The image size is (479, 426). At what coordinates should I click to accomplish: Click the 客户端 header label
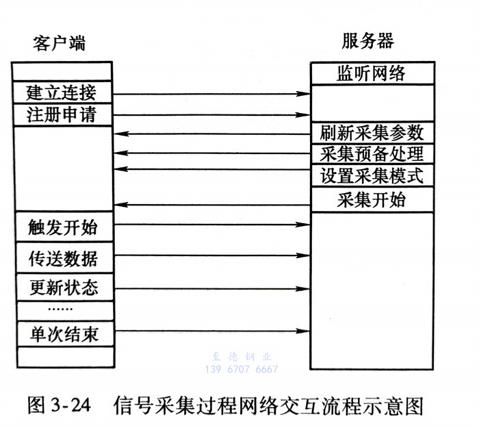point(60,43)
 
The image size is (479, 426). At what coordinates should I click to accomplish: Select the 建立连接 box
point(62,92)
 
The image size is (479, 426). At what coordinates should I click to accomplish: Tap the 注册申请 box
point(62,114)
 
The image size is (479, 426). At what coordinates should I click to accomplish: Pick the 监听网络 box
point(372,73)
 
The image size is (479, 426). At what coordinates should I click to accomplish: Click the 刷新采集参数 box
point(372,131)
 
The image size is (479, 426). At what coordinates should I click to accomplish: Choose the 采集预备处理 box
point(372,153)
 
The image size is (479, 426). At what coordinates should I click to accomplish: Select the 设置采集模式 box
point(372,175)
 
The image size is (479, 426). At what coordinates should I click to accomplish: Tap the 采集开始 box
point(372,199)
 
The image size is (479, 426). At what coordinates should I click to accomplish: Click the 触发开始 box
point(62,225)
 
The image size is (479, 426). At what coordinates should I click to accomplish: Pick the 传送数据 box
point(62,258)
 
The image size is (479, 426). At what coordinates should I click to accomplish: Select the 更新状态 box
point(62,286)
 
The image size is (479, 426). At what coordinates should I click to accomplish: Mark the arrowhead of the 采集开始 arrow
point(120,205)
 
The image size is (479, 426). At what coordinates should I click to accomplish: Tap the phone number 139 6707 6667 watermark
point(241,369)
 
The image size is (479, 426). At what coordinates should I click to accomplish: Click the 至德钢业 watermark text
point(240,357)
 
